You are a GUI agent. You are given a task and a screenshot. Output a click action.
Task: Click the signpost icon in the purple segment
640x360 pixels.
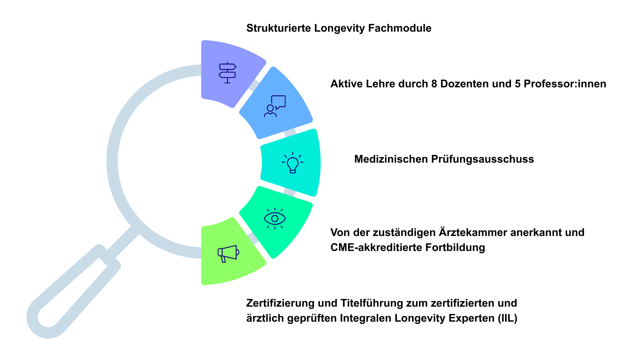point(227,73)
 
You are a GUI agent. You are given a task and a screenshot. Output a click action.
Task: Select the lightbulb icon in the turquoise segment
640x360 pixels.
point(293,163)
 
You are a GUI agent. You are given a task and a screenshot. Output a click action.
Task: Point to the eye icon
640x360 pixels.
point(275,218)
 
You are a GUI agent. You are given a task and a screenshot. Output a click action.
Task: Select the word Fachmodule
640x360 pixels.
point(400,28)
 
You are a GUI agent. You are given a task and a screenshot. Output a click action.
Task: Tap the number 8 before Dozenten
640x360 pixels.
point(434,84)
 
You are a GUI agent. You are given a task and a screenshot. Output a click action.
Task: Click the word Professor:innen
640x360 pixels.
point(565,84)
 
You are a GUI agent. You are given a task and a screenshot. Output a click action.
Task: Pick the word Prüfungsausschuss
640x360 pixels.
point(483,159)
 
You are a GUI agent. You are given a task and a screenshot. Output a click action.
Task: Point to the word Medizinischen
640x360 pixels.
point(391,159)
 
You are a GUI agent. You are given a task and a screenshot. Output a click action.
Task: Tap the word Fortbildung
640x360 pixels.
point(455,248)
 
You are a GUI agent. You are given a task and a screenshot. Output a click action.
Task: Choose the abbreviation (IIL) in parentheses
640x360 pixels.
point(508,318)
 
